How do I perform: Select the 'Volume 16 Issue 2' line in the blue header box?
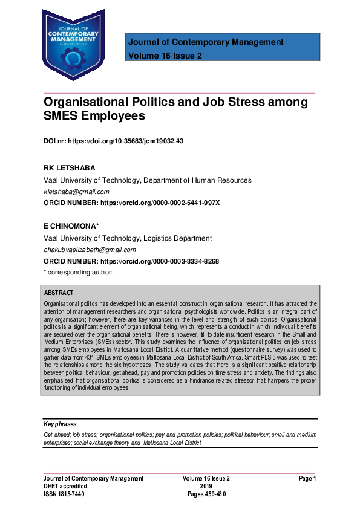coord(165,56)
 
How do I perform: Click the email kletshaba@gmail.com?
coord(76,192)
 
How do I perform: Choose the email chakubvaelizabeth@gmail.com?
coord(90,250)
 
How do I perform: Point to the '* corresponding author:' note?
coord(78,272)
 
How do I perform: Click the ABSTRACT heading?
coord(59,293)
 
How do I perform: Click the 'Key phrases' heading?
coord(61,424)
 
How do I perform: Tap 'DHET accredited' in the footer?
coord(65,486)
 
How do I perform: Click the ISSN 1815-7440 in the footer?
coord(64,494)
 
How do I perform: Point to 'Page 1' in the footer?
coord(307,478)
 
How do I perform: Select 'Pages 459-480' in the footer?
coord(206,494)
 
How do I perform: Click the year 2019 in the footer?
coord(206,486)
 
